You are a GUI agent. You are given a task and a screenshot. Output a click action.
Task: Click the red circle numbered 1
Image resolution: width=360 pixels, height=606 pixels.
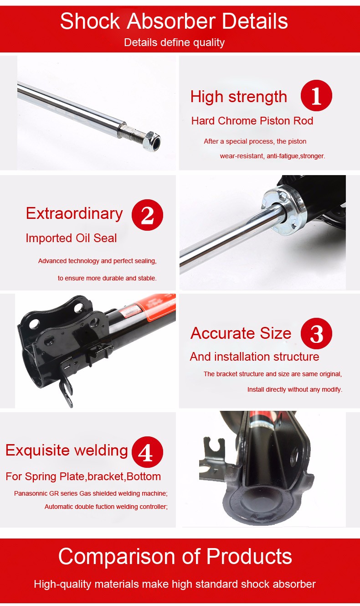(316, 96)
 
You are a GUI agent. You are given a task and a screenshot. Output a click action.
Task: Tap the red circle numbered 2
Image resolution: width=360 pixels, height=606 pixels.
(147, 214)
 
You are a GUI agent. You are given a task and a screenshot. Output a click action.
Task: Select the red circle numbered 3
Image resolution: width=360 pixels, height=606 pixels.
(316, 334)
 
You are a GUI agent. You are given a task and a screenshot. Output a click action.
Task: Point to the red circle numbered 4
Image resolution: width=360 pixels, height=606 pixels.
(147, 452)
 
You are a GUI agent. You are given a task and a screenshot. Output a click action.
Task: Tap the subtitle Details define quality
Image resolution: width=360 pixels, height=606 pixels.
(174, 42)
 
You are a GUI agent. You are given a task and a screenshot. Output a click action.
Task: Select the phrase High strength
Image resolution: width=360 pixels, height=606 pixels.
(238, 97)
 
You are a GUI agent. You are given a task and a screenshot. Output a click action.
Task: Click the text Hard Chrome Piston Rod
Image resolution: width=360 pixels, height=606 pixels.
(252, 121)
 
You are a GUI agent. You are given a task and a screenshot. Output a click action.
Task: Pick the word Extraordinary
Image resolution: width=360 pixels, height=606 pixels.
(74, 213)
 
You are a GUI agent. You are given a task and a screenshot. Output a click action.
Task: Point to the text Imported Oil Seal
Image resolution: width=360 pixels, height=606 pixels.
(71, 238)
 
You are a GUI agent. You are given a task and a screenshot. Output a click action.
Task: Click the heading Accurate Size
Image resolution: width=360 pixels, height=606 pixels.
(241, 333)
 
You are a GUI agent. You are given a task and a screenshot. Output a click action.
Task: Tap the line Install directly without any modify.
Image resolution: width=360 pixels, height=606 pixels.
(294, 389)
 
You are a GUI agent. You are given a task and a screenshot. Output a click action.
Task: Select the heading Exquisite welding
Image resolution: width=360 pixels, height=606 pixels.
(67, 451)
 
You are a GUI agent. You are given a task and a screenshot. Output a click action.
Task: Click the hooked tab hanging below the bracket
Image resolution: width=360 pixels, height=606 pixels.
(67, 391)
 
